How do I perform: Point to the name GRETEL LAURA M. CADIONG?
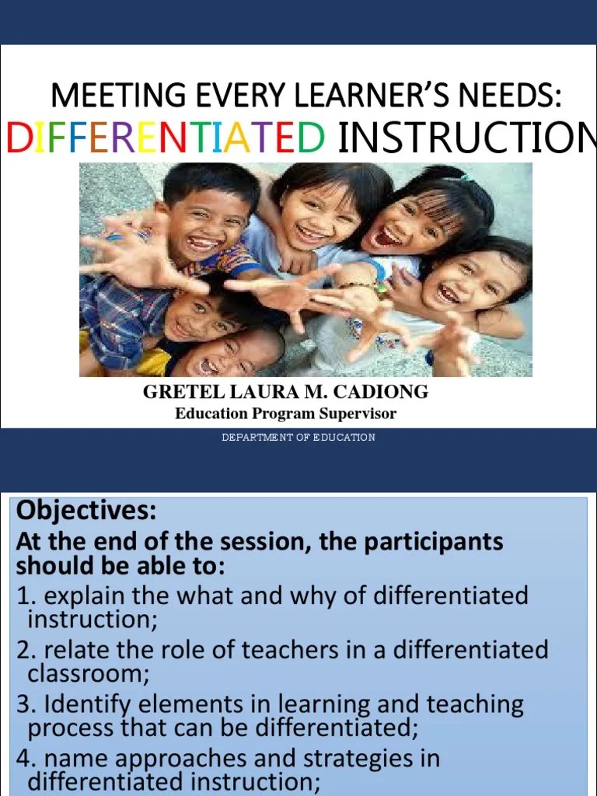pyautogui.click(x=285, y=393)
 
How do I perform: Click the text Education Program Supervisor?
pyautogui.click(x=285, y=414)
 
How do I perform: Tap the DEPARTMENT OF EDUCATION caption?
pyautogui.click(x=298, y=438)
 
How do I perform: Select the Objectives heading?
pyautogui.click(x=86, y=511)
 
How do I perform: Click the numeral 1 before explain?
pyautogui.click(x=23, y=597)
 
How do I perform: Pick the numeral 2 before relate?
pyautogui.click(x=23, y=650)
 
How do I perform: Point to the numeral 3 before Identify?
pyautogui.click(x=23, y=704)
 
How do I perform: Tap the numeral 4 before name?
pyautogui.click(x=23, y=758)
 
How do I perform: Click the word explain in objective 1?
pyautogui.click(x=81, y=597)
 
